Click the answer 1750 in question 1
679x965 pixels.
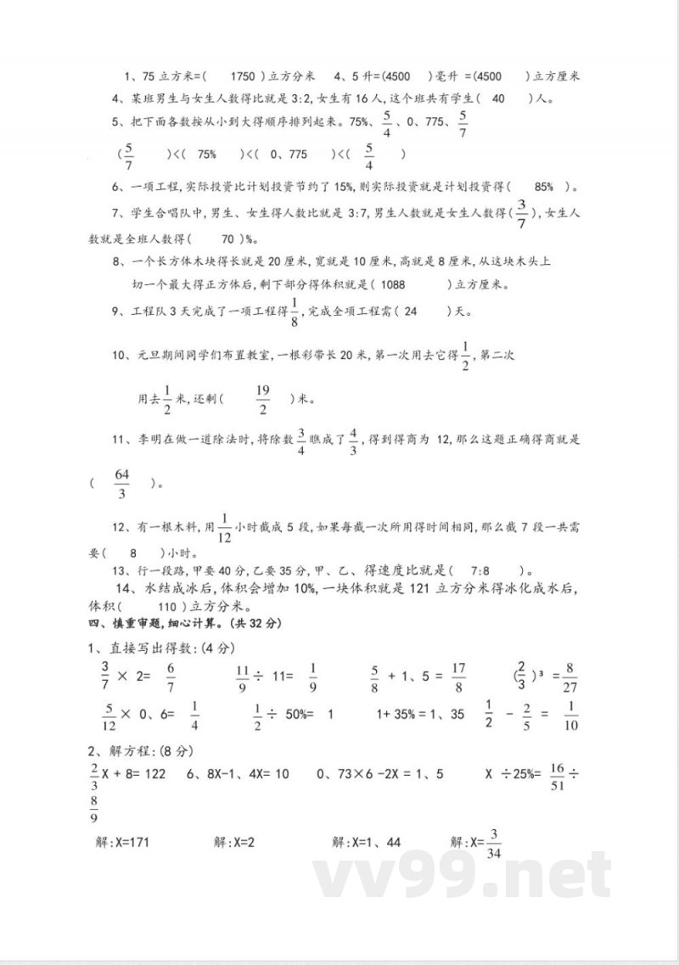tap(243, 76)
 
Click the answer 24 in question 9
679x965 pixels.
tap(412, 311)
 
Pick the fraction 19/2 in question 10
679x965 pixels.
tap(262, 397)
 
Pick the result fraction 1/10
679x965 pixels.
tap(570, 715)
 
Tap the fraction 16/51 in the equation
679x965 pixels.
tap(557, 775)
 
